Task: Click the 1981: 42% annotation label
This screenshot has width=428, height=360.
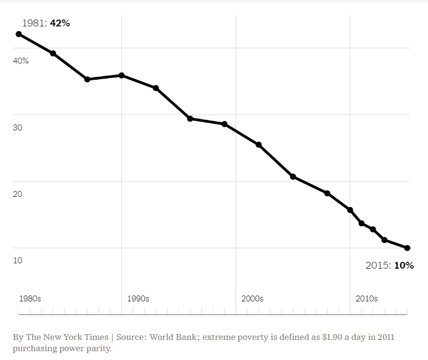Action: click(x=46, y=23)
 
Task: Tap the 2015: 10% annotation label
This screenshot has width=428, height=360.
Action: click(x=389, y=265)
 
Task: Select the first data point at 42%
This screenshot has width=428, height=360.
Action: click(x=19, y=34)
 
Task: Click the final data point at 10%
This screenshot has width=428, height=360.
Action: click(x=407, y=248)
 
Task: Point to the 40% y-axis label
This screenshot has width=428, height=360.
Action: click(x=20, y=61)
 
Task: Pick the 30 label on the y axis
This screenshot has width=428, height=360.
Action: click(x=18, y=127)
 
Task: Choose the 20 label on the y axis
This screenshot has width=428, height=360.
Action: click(x=18, y=194)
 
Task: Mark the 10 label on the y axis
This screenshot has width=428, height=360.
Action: click(x=18, y=260)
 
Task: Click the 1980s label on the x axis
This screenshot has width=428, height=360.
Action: click(x=30, y=298)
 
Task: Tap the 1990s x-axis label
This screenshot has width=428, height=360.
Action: click(x=138, y=298)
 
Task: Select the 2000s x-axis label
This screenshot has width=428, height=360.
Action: click(x=252, y=298)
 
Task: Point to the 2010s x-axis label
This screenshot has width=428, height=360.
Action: click(x=367, y=298)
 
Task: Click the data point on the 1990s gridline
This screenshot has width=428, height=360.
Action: click(x=122, y=75)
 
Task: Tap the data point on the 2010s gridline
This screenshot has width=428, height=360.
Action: click(x=350, y=210)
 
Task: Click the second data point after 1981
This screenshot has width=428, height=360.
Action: click(x=87, y=79)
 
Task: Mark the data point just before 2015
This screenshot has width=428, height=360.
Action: click(x=385, y=240)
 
